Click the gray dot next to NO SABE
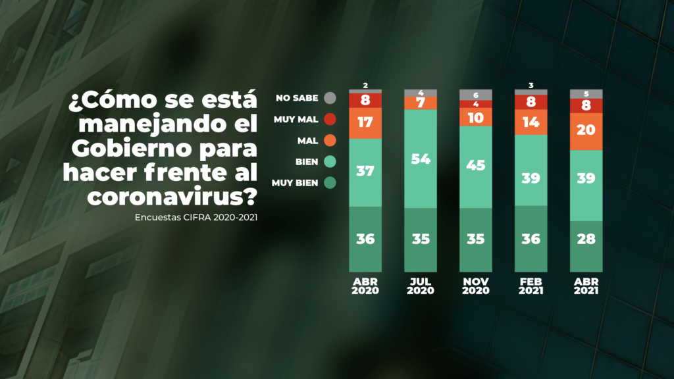click(330, 99)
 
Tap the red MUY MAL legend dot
click(330, 120)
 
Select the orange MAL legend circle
click(330, 141)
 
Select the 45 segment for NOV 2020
click(475, 166)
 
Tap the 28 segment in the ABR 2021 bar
click(585, 238)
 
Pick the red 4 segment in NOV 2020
click(475, 104)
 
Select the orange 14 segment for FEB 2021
click(530, 122)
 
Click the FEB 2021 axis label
click(530, 286)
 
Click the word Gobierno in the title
click(123, 149)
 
